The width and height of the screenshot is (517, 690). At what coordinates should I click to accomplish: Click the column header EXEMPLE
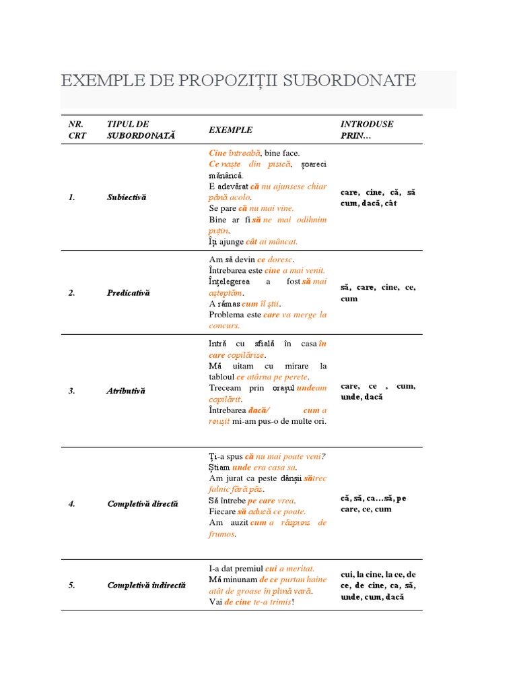pos(231,129)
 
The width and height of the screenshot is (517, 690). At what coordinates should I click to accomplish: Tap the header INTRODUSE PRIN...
pos(367,129)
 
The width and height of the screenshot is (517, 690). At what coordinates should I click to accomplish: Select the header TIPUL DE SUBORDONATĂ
pos(141,129)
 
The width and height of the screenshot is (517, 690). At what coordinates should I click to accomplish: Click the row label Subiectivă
pos(127,197)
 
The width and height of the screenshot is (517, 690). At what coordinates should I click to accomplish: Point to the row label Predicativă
pos(129,292)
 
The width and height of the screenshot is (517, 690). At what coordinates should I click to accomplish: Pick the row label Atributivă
pos(127,391)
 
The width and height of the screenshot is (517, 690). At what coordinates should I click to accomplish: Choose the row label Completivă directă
pos(143,503)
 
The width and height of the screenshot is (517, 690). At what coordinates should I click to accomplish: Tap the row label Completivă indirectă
pos(146,585)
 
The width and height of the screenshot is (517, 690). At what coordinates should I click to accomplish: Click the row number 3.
pos(71,391)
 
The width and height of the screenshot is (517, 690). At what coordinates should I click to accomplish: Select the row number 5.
pos(71,585)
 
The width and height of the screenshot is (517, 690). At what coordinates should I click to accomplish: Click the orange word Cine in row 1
pos(218,153)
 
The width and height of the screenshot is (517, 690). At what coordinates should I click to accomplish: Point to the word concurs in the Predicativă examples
pos(224,325)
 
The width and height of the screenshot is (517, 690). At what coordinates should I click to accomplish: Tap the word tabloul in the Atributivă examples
pos(221,377)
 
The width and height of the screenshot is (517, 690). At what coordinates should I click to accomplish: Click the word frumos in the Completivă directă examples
pos(221,534)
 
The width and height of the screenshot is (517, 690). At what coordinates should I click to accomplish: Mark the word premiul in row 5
pos(248,568)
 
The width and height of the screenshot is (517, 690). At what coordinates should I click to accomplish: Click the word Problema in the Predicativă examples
pos(226,315)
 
